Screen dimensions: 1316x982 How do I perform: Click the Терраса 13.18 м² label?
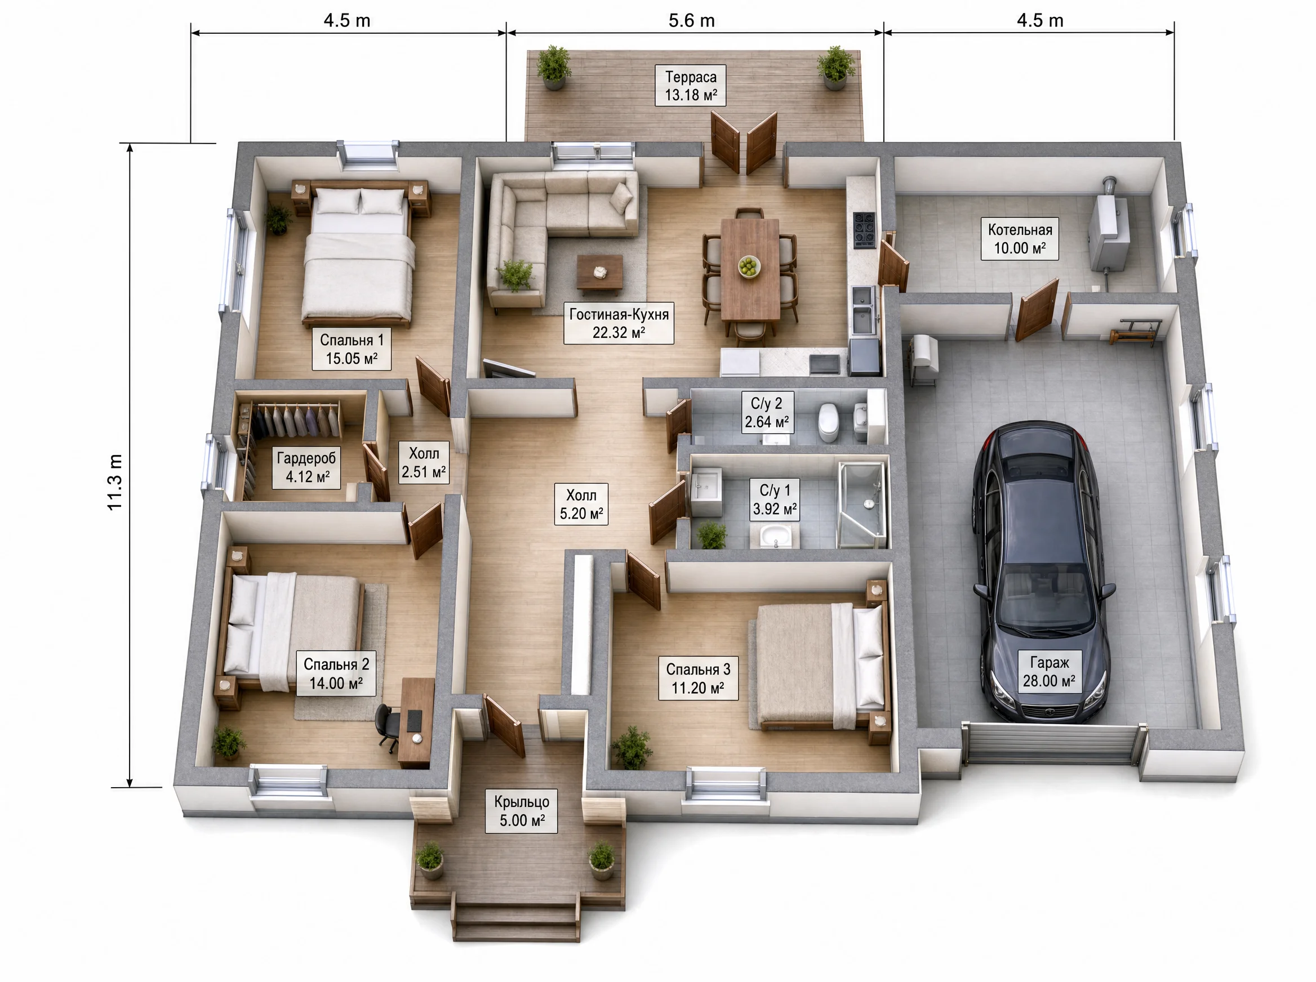[x=691, y=86]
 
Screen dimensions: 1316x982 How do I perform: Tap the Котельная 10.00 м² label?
[x=1020, y=238]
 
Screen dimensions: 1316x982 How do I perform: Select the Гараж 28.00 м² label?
[x=1049, y=671]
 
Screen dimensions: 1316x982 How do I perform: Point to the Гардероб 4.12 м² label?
[x=307, y=467]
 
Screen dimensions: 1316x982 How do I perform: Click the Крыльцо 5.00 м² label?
[x=522, y=811]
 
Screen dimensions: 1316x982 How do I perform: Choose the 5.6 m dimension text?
[x=692, y=21]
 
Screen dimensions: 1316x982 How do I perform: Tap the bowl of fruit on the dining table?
[x=749, y=266]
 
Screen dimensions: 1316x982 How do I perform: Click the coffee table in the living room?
[x=600, y=274]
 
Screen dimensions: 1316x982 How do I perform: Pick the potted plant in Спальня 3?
[x=632, y=747]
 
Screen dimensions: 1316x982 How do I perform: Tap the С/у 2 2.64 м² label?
[x=767, y=413]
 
